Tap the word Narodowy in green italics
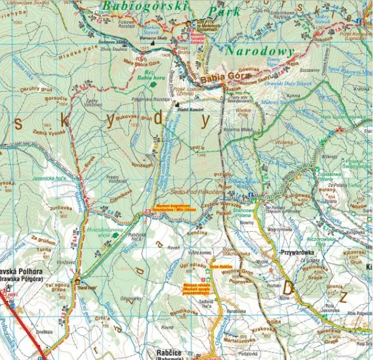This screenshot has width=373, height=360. [259, 51]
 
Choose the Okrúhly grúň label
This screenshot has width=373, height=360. [37, 90]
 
